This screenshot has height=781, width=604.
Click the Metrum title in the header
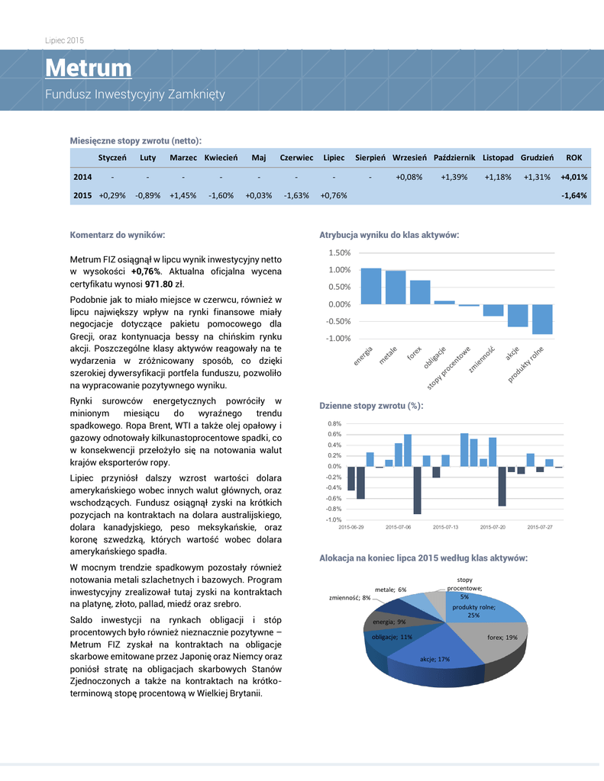88,69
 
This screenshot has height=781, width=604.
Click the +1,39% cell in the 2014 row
454,177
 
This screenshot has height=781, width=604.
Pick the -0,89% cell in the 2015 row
147,195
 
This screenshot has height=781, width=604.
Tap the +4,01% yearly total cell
573,177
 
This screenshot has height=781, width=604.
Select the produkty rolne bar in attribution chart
542,319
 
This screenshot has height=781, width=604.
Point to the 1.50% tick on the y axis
339,253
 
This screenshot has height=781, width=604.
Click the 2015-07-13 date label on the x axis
446,526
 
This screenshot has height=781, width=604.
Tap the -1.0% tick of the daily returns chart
334,519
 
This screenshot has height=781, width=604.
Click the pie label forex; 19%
502,637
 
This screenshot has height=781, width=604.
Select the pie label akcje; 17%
434,659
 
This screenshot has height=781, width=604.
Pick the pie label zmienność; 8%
350,598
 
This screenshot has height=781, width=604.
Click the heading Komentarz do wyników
118,235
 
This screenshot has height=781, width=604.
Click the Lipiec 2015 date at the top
64,40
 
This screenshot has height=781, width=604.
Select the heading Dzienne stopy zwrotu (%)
370,406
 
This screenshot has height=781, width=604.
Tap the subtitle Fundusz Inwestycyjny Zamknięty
134,95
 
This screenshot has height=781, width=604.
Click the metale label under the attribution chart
387,355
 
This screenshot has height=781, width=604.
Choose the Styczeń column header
111,158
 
